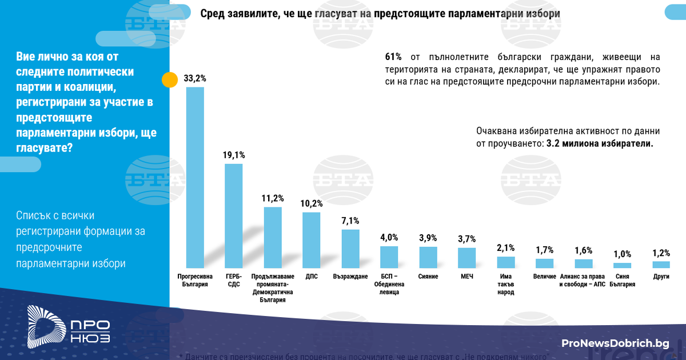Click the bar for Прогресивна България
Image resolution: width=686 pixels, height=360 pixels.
[x=195, y=177]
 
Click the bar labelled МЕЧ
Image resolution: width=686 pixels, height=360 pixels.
[x=467, y=258]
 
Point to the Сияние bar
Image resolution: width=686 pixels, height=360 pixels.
[x=428, y=257]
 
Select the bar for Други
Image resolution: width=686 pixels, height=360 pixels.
[x=661, y=265]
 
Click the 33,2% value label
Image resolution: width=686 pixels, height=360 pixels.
[x=195, y=78]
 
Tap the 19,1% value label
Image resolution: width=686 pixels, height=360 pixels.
[x=234, y=155]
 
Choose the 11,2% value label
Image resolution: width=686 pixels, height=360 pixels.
[x=273, y=198]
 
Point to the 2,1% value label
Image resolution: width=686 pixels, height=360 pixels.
[x=506, y=247]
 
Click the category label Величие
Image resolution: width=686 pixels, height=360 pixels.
[x=545, y=277]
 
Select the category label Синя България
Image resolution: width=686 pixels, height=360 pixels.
[x=622, y=280]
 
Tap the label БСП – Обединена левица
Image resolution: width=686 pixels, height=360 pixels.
[x=389, y=284]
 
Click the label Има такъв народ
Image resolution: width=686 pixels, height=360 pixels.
[x=506, y=284]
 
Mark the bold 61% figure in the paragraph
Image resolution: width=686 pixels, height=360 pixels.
[x=393, y=57]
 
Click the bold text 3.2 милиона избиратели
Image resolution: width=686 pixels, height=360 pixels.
[x=600, y=144]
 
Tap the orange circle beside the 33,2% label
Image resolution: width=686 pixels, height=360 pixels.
[x=170, y=79]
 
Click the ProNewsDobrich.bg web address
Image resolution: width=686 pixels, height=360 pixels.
[x=615, y=343]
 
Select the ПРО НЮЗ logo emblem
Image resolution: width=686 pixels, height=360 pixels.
[x=46, y=325]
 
